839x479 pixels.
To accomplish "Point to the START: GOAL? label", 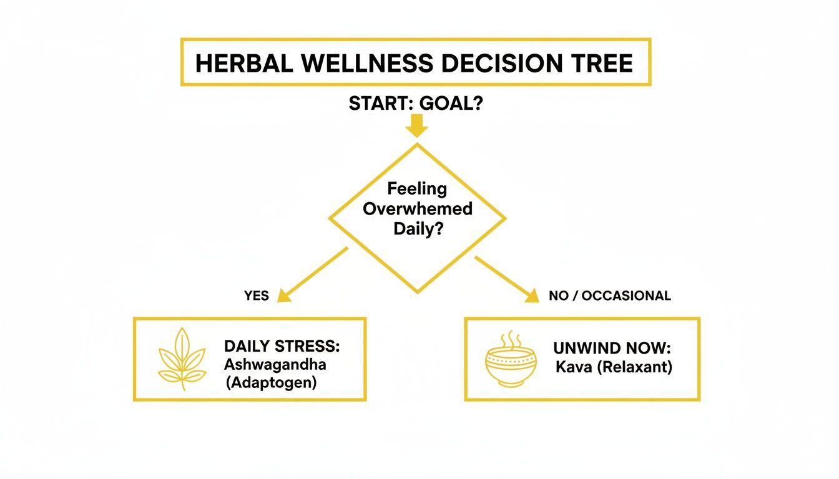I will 416,104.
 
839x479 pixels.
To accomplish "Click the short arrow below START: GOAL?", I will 416,127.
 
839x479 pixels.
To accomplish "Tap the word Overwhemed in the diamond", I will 418,208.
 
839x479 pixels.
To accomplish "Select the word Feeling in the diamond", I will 418,188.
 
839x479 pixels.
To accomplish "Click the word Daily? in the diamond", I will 418,228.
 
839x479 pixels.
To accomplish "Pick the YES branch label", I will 257,296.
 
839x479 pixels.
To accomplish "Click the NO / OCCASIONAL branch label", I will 610,296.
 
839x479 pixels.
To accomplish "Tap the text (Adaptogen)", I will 271,382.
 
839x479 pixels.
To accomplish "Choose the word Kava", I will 571,367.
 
